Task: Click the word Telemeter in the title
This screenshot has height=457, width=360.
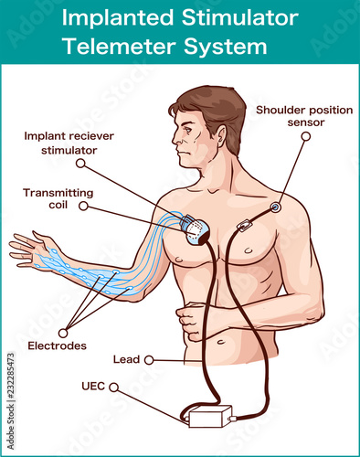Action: pyautogui.click(x=119, y=47)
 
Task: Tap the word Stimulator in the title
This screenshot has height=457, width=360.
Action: pyautogui.click(x=239, y=17)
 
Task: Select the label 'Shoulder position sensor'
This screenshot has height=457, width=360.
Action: pyautogui.click(x=304, y=116)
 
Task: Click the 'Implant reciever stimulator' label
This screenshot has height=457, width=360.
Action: pyautogui.click(x=69, y=143)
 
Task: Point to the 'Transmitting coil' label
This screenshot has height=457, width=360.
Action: pyautogui.click(x=58, y=198)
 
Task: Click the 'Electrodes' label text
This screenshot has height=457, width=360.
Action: pyautogui.click(x=57, y=345)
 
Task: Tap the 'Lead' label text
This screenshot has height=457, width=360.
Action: pyautogui.click(x=126, y=359)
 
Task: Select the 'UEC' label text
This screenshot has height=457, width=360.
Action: pyautogui.click(x=93, y=387)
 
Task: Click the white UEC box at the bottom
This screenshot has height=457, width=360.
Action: pyautogui.click(x=210, y=416)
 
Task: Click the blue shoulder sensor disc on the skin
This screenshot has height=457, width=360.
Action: pyautogui.click(x=276, y=207)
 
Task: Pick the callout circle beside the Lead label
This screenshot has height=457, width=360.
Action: pyautogui.click(x=149, y=360)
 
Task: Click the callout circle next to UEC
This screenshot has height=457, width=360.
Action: pyautogui.click(x=113, y=388)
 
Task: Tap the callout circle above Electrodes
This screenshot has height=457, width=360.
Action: pyautogui.click(x=63, y=333)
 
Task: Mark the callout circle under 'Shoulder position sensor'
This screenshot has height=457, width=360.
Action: pyautogui.click(x=306, y=136)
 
